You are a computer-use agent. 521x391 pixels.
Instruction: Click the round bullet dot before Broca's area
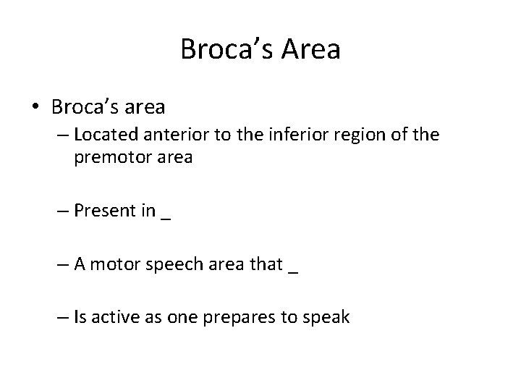click(35, 108)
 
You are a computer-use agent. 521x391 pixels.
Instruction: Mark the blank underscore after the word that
click(292, 268)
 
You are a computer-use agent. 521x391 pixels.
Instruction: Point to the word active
click(112, 317)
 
